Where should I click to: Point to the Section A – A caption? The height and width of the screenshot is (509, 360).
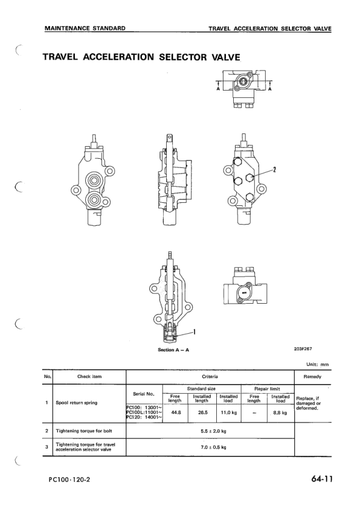point(173,350)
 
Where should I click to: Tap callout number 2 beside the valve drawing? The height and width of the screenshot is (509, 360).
point(275,169)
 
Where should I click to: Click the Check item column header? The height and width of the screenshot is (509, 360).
point(89,377)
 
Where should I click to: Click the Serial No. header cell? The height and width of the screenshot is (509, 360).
point(143,394)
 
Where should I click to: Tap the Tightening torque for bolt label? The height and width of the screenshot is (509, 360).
point(83,431)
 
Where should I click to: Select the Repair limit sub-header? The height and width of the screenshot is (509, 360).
point(267,388)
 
